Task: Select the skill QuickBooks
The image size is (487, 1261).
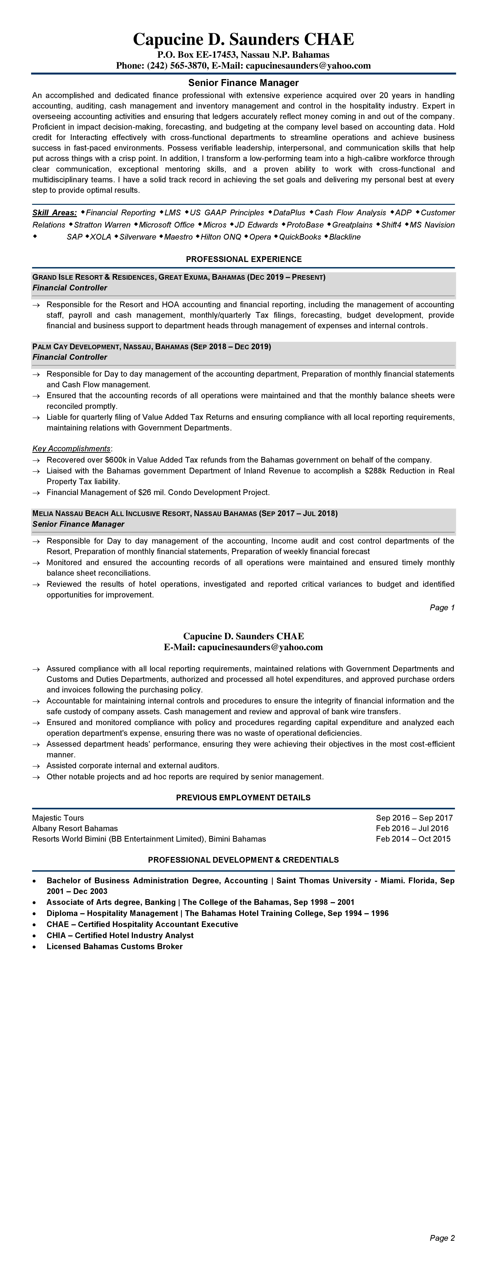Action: [300, 237]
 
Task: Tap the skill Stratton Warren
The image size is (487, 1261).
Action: [102, 225]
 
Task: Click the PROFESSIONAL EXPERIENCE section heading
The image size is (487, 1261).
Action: [243, 259]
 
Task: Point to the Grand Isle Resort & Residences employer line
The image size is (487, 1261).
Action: [179, 277]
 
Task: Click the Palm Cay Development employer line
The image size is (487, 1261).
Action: [152, 347]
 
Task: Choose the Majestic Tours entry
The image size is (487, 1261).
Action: [58, 818]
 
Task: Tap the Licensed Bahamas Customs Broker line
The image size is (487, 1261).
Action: [115, 946]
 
